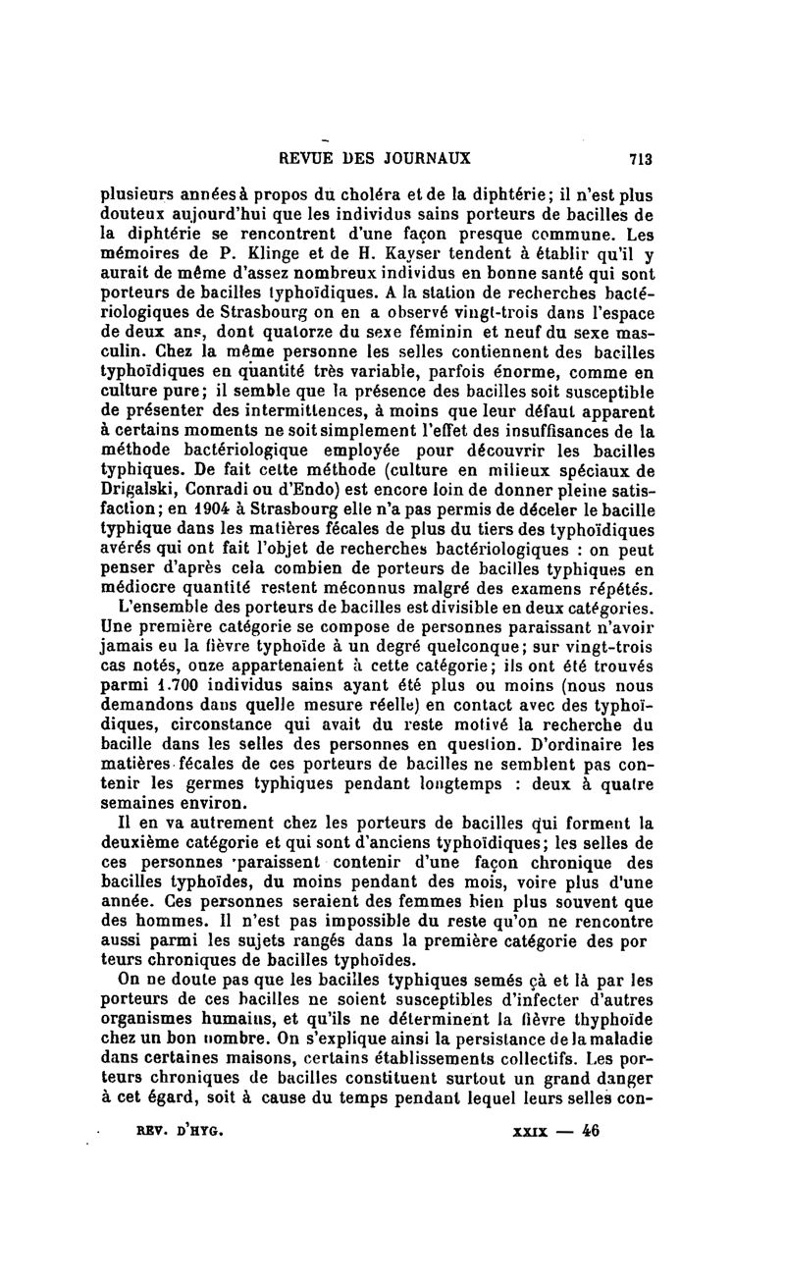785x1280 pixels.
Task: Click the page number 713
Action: point(641,158)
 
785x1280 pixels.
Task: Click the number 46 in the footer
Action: point(589,1129)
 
